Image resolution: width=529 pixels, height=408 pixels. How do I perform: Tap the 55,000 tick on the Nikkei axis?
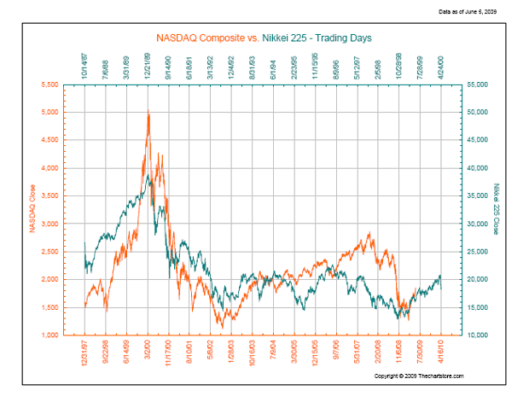[475, 85]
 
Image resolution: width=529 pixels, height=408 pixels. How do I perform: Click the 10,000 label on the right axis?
[475, 335]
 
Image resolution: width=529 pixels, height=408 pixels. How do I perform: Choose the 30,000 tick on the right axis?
[475, 224]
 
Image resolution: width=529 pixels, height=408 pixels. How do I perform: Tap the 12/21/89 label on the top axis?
[149, 65]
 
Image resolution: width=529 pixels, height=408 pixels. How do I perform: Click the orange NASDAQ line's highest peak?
[148, 113]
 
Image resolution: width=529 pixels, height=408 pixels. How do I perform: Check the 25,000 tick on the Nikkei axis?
[475, 252]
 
